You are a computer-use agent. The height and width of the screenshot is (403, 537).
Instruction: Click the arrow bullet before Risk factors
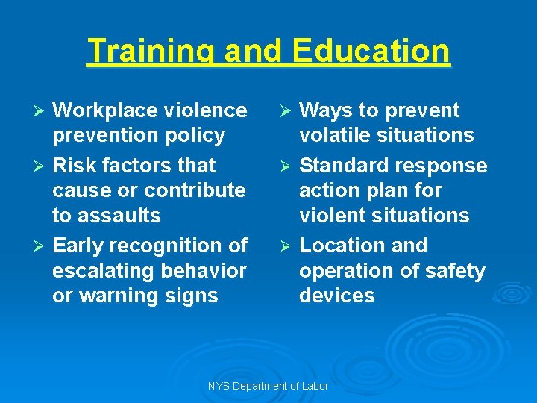point(41,166)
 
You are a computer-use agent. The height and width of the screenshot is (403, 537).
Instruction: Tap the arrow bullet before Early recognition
point(41,246)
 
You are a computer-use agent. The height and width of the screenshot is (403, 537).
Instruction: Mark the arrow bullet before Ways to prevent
point(287,110)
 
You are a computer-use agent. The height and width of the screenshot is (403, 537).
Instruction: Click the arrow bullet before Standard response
point(287,166)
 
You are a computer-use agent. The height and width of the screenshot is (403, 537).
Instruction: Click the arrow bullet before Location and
point(287,246)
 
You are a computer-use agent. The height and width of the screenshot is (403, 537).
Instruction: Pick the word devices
point(336,296)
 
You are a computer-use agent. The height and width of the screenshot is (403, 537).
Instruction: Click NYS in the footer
point(219,386)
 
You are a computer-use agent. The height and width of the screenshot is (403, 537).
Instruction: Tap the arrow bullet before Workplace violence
point(41,110)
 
